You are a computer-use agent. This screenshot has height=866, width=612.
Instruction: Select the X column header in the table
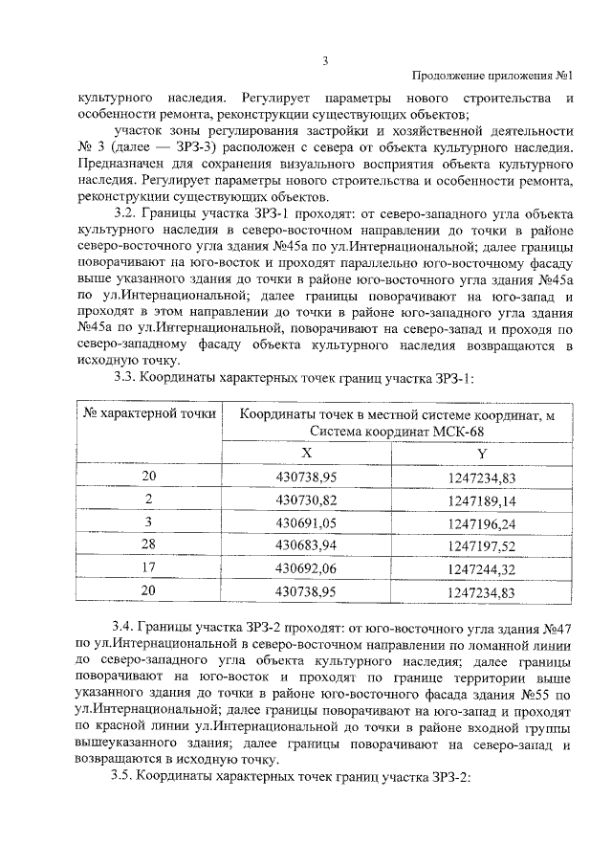pos(306,454)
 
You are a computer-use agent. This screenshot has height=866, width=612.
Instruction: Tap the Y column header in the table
pos(481,454)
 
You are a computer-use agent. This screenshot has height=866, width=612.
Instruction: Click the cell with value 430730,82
pos(307,500)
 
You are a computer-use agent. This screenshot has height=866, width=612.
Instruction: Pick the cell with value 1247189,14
pos(481,500)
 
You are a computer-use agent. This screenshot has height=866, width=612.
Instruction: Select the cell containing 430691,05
pos(307,523)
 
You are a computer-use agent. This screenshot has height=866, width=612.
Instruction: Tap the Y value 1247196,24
pos(481,523)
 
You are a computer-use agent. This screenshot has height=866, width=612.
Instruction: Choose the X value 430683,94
pos(307,546)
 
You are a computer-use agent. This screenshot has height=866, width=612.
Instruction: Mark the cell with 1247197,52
pos(481,546)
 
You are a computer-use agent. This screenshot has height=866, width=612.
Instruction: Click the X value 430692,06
pos(307,569)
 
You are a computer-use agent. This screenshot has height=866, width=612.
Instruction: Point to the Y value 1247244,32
pos(481,569)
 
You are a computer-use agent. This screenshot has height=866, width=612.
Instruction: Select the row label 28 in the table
pos(149,546)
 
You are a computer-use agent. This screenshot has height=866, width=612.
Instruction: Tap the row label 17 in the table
pos(149,569)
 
